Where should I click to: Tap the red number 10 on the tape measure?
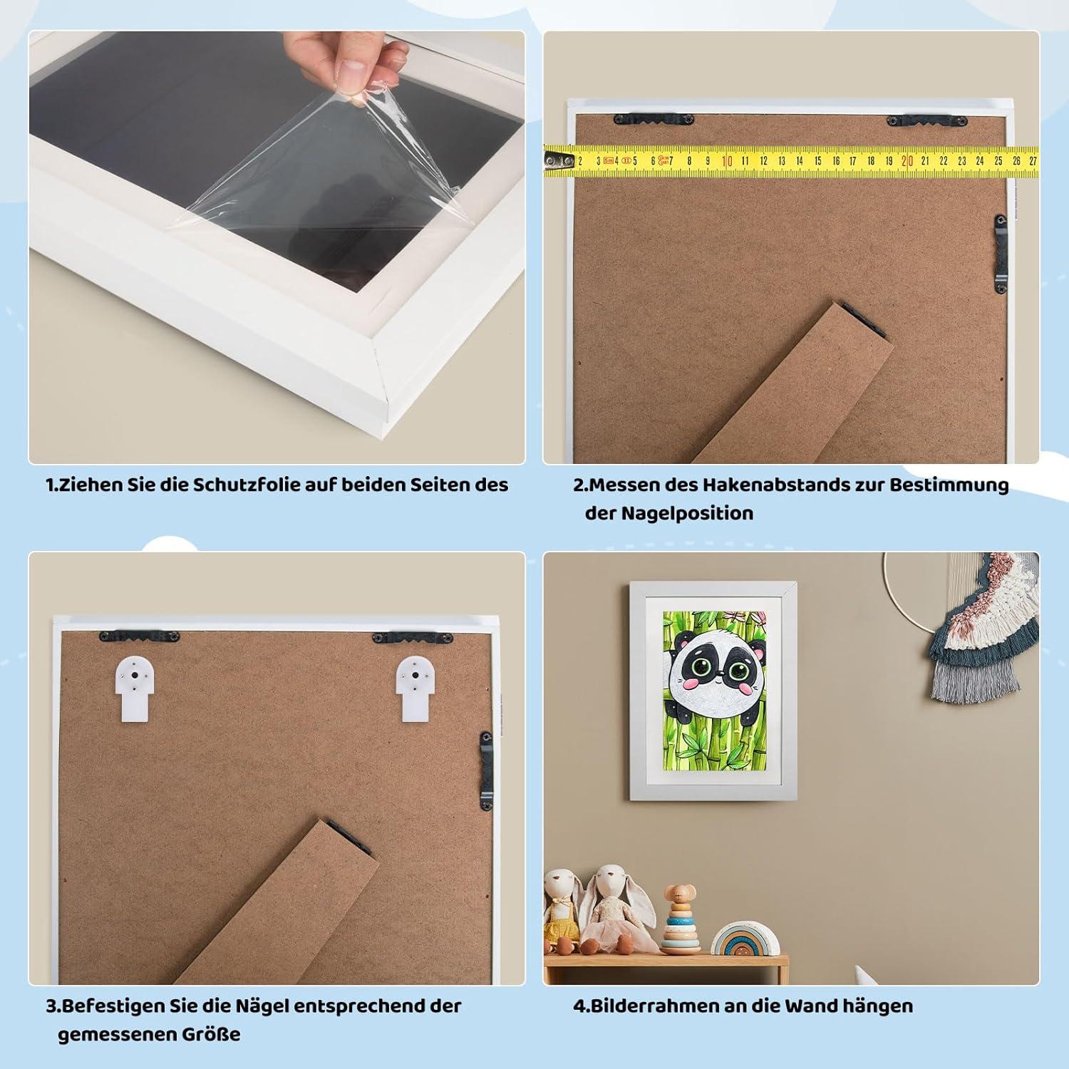click(x=727, y=161)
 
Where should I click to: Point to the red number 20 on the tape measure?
click(x=907, y=161)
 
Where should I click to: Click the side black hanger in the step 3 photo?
click(x=486, y=770)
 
